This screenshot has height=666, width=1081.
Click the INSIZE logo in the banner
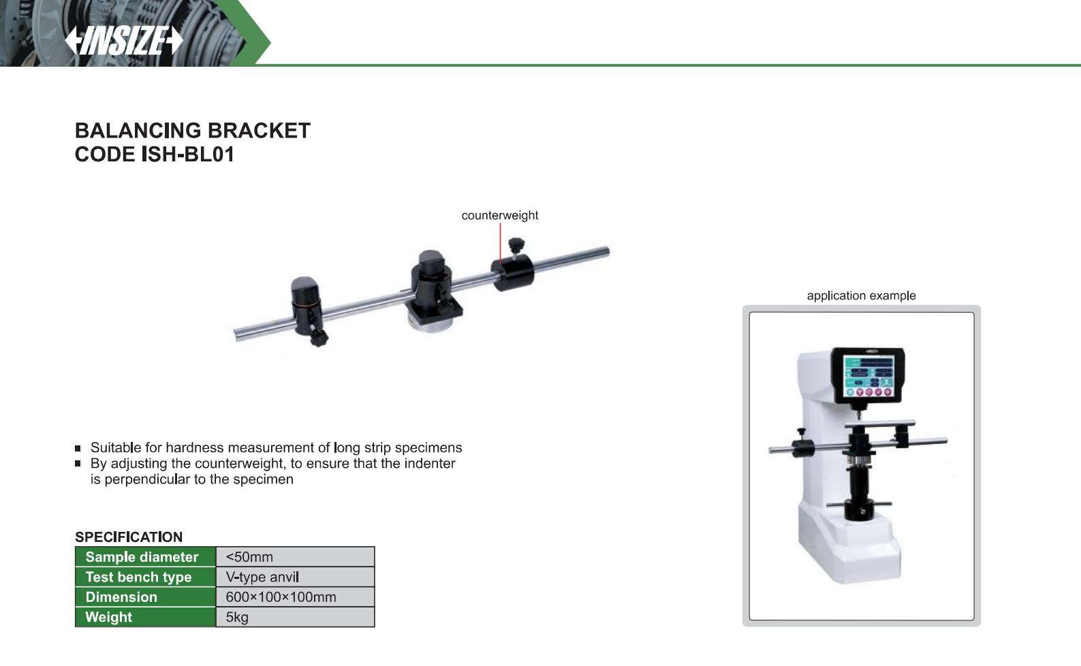coord(124,41)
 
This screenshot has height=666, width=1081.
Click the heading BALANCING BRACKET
coord(193,131)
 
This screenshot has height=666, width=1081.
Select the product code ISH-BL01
coord(188,155)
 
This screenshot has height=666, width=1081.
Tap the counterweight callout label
coord(499,215)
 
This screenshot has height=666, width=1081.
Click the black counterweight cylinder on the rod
coord(512,272)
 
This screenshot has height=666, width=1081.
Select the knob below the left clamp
coord(319,337)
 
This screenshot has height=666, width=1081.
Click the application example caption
coord(861,296)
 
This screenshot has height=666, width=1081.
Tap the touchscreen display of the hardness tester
coord(868,376)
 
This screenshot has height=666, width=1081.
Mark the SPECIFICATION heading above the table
coord(128,537)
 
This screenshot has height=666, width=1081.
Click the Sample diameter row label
coord(142,557)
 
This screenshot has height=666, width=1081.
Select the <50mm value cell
coord(296,557)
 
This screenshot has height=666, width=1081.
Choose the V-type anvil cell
coord(296,577)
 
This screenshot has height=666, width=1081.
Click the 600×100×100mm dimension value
coord(281,597)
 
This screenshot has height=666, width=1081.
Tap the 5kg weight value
coord(237,617)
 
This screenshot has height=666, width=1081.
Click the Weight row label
coord(108,617)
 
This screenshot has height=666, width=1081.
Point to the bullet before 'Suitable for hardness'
coord(78,448)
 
